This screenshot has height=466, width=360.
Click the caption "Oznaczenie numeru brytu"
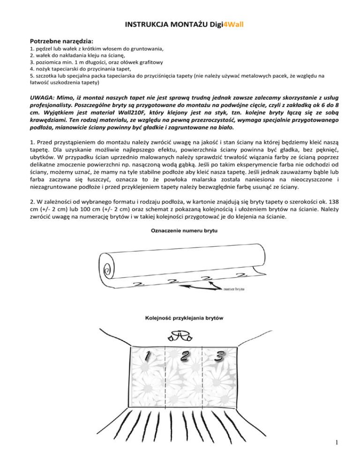click(x=180, y=231)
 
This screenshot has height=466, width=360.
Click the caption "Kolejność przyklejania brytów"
click(x=180, y=317)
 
